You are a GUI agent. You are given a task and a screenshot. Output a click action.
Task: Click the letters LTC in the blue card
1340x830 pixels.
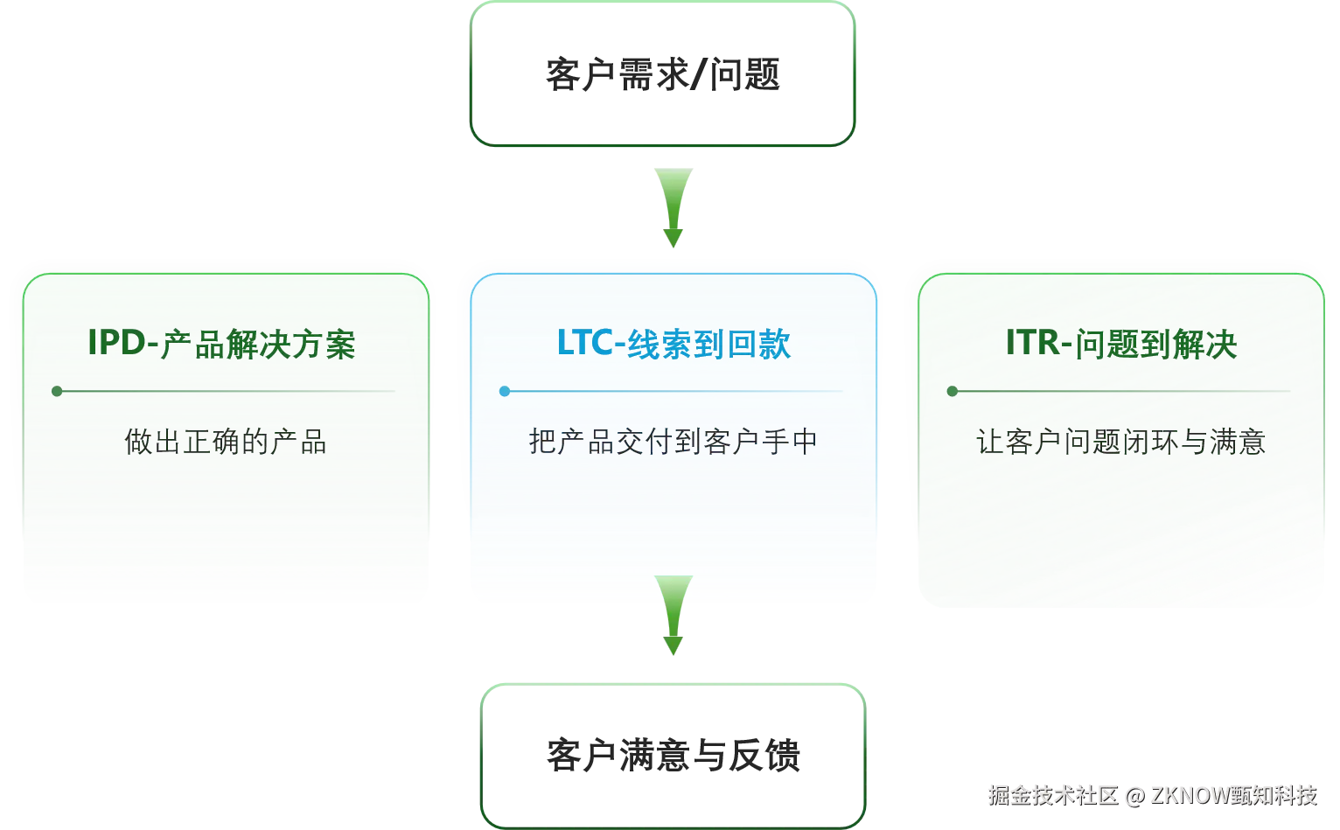[585, 343]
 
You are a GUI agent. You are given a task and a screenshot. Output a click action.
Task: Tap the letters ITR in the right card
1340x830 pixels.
[1034, 343]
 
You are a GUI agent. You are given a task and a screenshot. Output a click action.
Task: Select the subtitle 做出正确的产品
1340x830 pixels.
[226, 442]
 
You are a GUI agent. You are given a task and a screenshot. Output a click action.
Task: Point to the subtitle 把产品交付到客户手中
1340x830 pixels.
[673, 442]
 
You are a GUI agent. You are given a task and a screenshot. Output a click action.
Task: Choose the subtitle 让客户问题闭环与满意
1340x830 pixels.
[1120, 442]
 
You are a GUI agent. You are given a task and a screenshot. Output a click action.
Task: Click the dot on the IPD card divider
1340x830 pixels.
[57, 391]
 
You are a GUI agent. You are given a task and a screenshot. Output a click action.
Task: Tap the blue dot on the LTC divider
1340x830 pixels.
[505, 391]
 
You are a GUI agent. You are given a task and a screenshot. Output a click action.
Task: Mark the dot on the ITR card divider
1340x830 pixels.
[953, 391]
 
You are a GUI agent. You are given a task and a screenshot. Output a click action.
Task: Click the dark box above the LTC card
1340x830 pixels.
[662, 73]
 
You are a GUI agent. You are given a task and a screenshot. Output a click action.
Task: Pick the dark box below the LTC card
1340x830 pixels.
[672, 755]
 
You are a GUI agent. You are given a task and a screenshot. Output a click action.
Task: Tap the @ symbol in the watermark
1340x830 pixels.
[1135, 794]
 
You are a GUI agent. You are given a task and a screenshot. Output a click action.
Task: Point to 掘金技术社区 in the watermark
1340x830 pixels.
[1054, 794]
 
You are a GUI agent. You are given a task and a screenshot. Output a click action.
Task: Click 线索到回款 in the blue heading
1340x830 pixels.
[709, 344]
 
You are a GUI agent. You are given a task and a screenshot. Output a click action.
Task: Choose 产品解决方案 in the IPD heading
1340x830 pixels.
[258, 345]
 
